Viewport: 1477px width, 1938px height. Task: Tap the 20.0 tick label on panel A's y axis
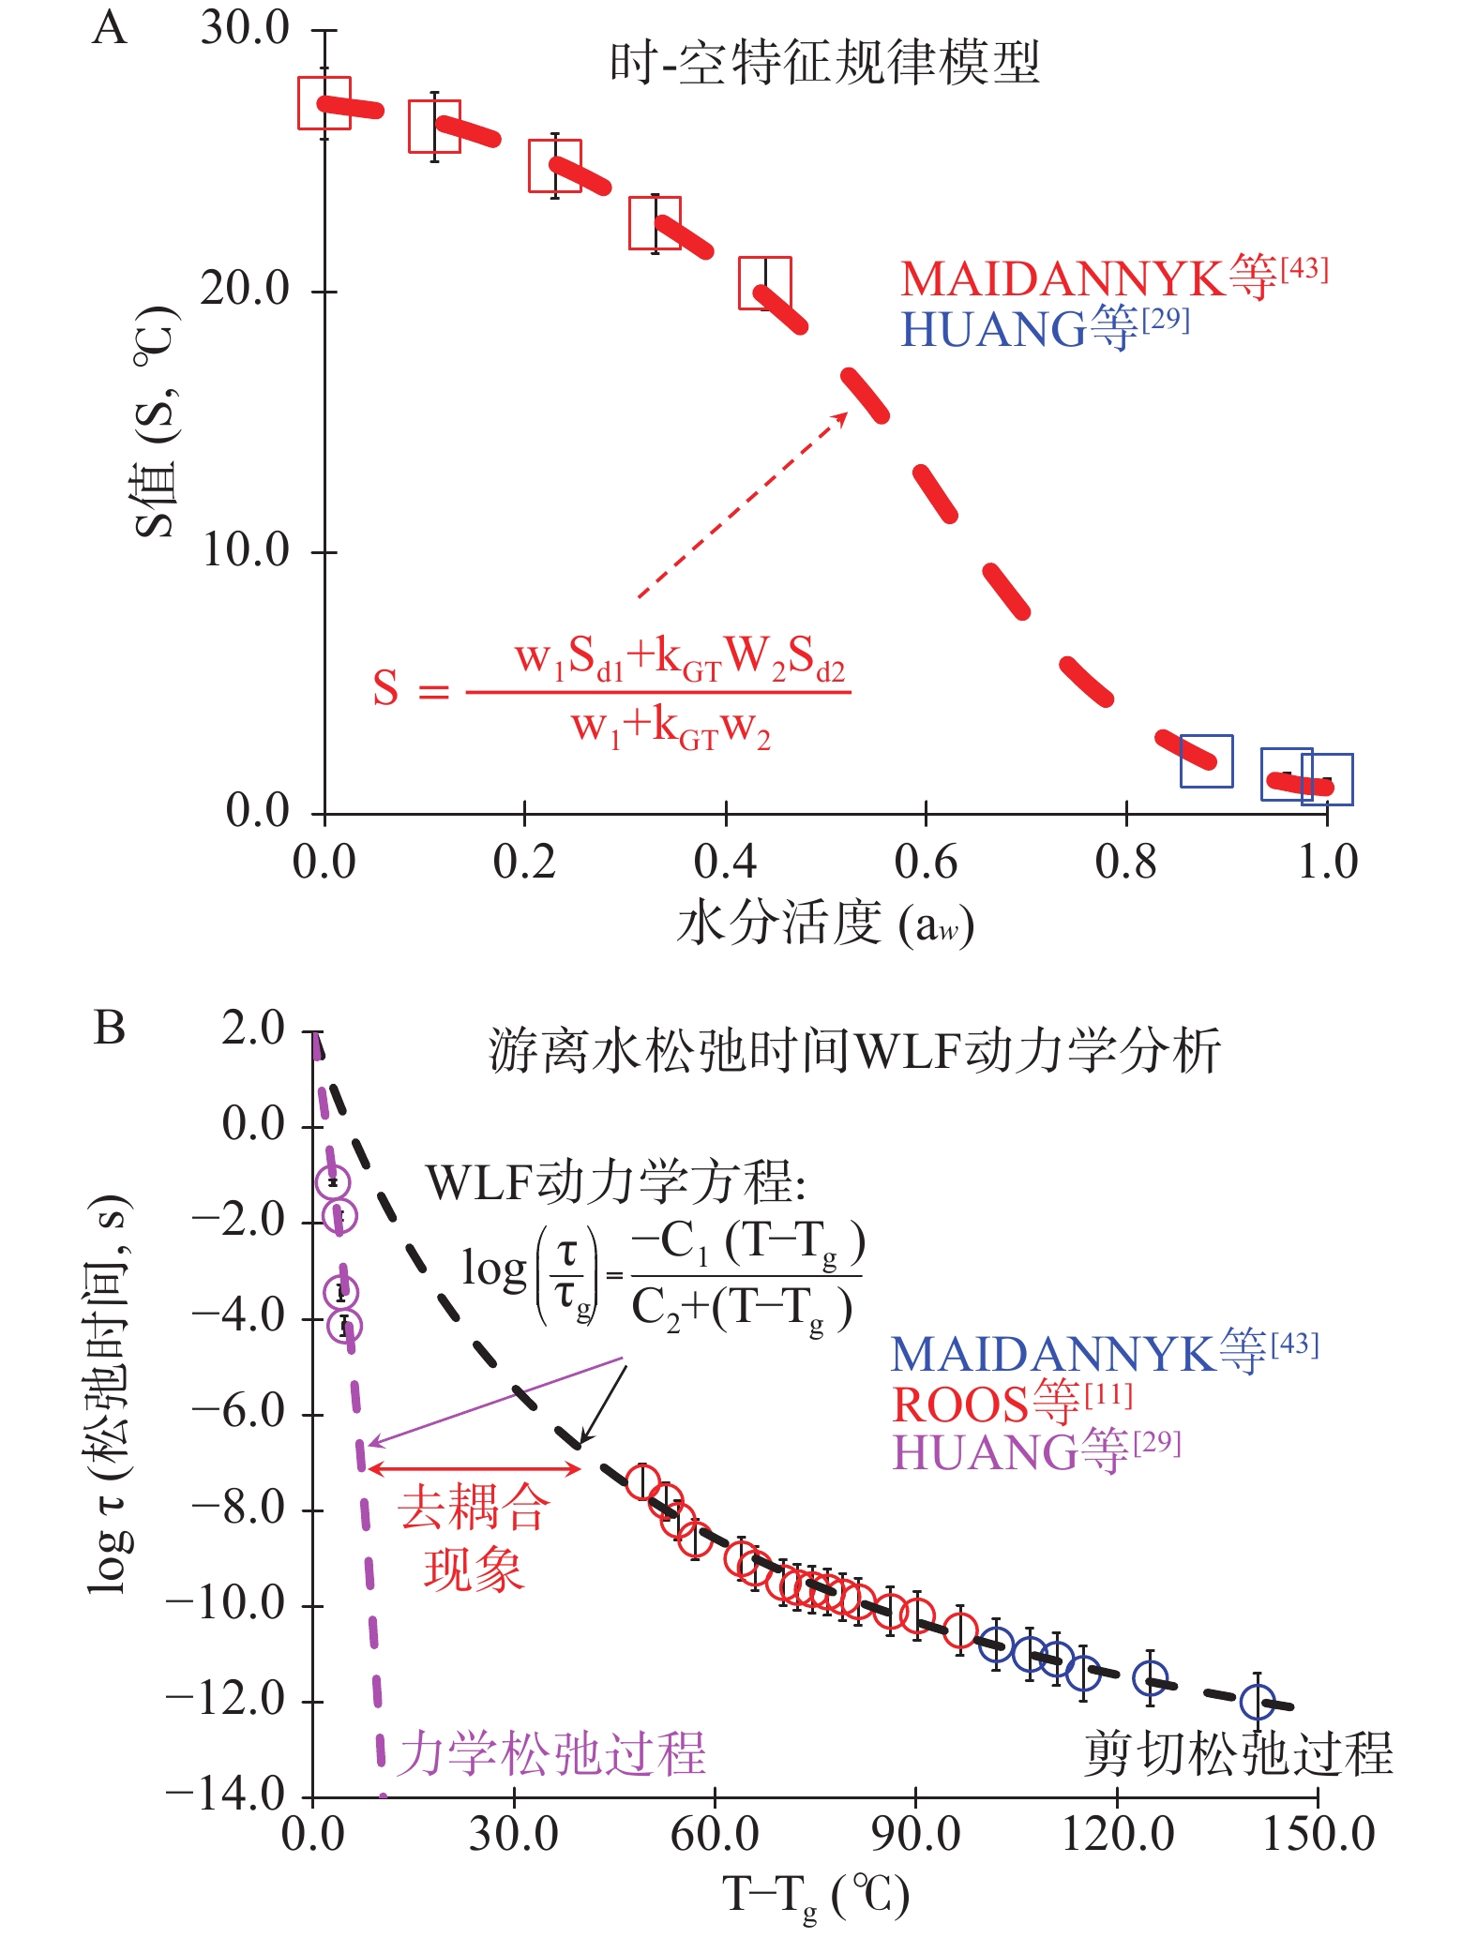pyautogui.click(x=245, y=289)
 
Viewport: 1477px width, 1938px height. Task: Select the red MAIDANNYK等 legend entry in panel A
pyautogui.click(x=1113, y=278)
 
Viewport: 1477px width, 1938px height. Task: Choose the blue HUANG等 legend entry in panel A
pyautogui.click(x=1044, y=328)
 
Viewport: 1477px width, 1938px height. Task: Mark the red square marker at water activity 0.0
pyautogui.click(x=324, y=103)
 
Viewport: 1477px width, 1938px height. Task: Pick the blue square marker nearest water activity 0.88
pyautogui.click(x=1206, y=760)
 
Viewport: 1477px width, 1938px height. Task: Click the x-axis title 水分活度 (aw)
pyautogui.click(x=824, y=924)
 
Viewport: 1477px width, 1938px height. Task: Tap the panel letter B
pyautogui.click(x=110, y=1028)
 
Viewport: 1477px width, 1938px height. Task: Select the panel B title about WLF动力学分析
pyautogui.click(x=854, y=1049)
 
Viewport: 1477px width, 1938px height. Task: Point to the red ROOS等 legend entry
pyautogui.click(x=1012, y=1404)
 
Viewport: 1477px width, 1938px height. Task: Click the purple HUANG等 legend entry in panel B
pyautogui.click(x=1035, y=1452)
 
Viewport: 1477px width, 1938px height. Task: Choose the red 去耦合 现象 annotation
pyautogui.click(x=474, y=1538)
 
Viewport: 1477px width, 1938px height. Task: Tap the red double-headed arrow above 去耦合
pyautogui.click(x=475, y=1468)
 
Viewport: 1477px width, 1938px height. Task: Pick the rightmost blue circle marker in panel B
pyautogui.click(x=1258, y=1701)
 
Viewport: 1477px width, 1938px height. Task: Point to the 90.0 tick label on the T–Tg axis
pyautogui.click(x=915, y=1833)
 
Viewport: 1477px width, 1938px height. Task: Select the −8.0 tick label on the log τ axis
pyautogui.click(x=238, y=1509)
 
